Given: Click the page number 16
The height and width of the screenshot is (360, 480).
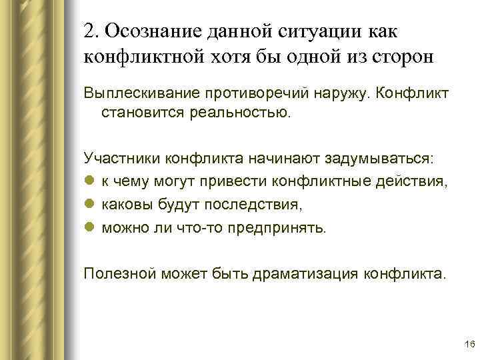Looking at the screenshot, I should coord(468,343).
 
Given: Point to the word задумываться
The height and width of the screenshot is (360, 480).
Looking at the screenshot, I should coord(378,160).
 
